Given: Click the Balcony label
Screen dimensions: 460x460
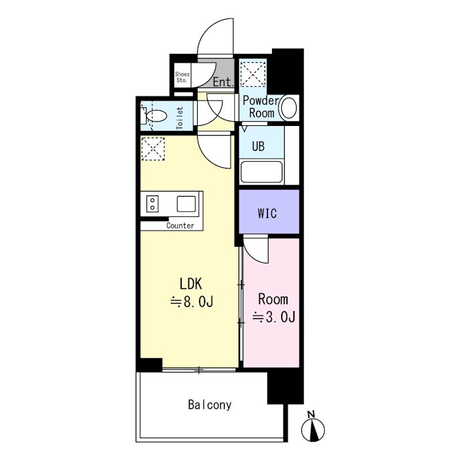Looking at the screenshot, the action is [209, 405].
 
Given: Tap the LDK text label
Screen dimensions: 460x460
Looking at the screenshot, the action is [191, 284].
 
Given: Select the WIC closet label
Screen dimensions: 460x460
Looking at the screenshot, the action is [267, 213].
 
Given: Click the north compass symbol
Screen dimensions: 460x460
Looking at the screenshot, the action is [313, 427].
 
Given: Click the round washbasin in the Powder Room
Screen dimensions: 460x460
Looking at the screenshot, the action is [289, 108].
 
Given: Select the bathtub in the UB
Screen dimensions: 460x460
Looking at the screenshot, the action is [262, 171].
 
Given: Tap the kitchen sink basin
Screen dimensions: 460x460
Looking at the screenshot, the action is [186, 204].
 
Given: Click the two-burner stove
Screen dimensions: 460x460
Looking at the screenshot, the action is [152, 204].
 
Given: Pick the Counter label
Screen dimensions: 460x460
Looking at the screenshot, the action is [180, 225].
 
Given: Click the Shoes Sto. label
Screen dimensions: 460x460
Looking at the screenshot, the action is [182, 77].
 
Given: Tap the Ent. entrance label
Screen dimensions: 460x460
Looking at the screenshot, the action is [224, 82].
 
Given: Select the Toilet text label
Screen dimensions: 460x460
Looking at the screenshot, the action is [180, 118].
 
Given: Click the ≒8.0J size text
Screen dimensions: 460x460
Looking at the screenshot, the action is [192, 301].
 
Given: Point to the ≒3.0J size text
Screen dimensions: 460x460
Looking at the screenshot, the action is [274, 317].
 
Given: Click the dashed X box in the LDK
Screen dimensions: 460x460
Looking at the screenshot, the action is [153, 149].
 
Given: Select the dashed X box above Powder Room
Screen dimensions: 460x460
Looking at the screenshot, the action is [253, 74].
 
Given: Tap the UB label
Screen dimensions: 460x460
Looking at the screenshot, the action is [258, 146].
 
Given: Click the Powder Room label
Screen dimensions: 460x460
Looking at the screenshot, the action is [261, 107].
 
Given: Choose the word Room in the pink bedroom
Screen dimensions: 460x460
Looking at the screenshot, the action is [273, 299].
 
